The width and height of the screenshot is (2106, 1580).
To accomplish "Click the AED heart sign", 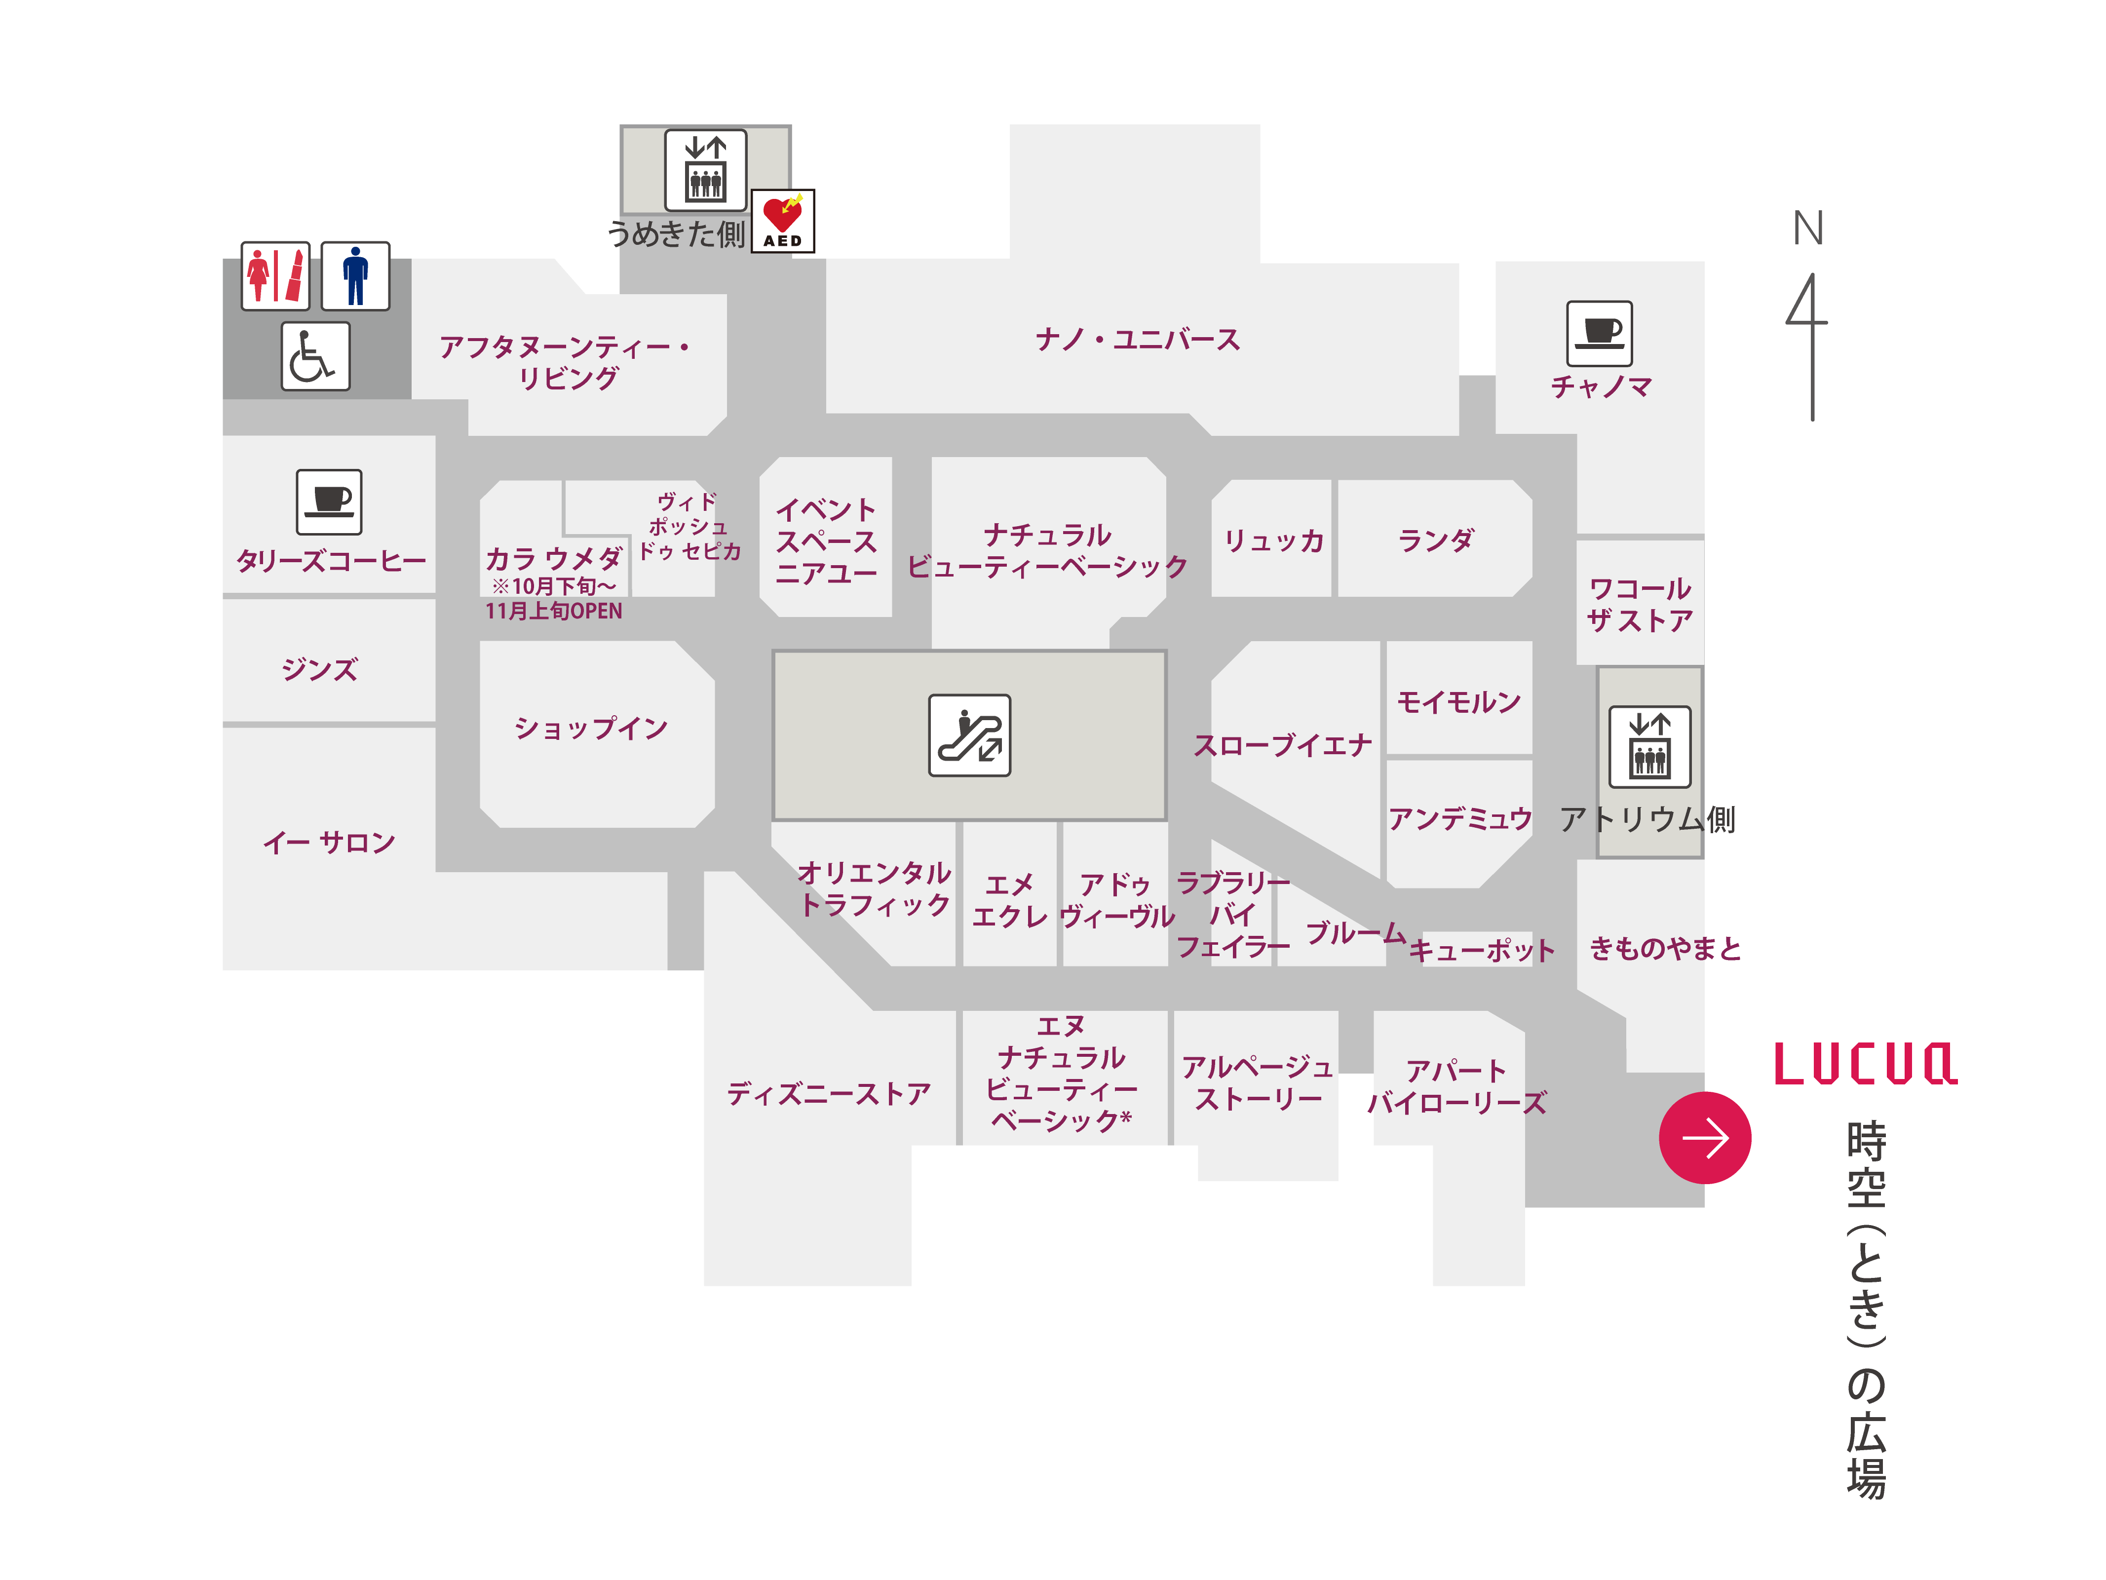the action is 783,221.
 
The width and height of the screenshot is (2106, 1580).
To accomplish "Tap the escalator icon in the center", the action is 969,735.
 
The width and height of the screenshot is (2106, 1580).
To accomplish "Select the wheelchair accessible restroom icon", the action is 315,356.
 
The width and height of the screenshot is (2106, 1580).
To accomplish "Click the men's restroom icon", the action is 355,276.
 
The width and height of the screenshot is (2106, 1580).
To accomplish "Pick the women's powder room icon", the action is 275,276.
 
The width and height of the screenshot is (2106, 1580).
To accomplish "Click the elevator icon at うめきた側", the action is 705,169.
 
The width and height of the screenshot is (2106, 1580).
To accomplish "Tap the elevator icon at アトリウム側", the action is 1650,747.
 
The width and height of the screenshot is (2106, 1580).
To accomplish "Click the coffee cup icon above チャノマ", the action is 1600,333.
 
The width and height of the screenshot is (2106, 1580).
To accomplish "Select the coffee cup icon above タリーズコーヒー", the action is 329,502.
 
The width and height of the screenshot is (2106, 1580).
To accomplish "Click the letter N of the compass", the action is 1808,229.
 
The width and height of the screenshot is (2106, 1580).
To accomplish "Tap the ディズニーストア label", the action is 828,1093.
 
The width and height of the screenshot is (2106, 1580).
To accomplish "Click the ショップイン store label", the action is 591,729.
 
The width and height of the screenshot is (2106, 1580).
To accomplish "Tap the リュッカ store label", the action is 1274,541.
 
